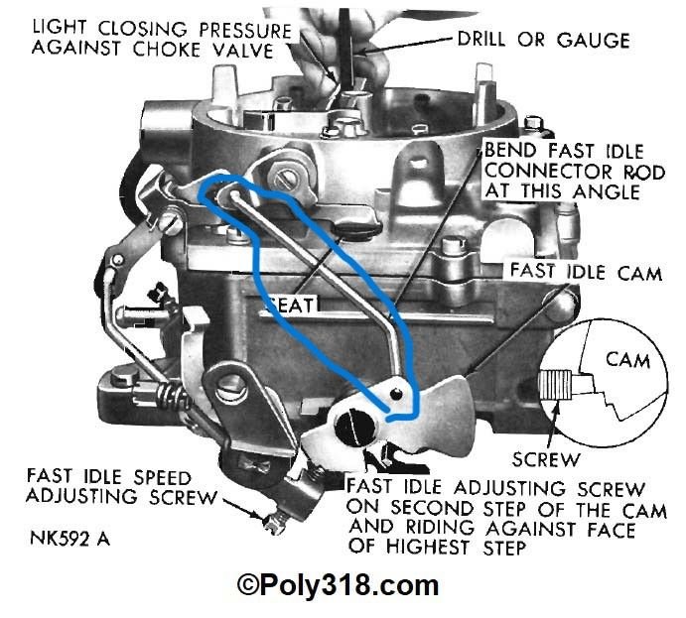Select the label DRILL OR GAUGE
click(543, 41)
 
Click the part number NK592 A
click(68, 542)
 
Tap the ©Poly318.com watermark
click(338, 585)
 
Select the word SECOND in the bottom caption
click(404, 508)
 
